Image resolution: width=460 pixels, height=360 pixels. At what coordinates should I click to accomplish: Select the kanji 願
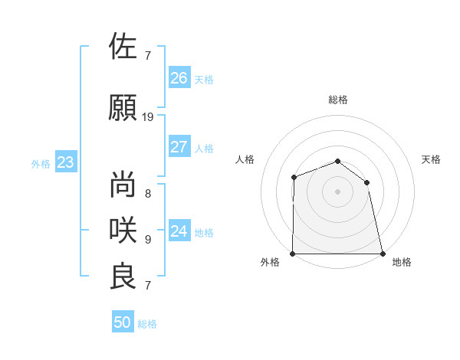tap(123, 107)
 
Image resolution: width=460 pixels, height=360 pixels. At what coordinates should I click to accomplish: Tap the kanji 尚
tap(123, 185)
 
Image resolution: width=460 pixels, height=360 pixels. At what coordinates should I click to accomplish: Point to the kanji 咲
tap(123, 229)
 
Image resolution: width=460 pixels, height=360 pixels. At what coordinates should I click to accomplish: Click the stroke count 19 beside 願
tap(148, 117)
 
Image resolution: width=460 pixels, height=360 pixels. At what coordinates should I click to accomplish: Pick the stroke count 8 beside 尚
tap(148, 194)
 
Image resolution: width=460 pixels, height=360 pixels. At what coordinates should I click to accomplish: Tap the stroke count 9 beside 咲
tap(148, 239)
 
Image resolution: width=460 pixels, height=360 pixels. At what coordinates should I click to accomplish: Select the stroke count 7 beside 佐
tap(148, 55)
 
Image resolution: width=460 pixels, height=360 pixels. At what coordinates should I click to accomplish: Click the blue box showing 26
tap(179, 77)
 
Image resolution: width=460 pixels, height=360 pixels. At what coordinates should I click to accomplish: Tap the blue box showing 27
tap(179, 147)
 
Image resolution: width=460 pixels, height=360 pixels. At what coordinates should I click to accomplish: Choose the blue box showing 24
tap(179, 231)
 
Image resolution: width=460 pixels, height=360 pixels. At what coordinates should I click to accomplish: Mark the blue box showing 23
tap(65, 162)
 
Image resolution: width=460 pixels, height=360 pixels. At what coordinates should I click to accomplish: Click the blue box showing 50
tap(123, 322)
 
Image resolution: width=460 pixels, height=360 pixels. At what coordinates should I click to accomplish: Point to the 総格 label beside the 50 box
tap(148, 324)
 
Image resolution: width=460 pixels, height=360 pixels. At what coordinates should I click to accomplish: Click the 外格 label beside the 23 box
tap(41, 164)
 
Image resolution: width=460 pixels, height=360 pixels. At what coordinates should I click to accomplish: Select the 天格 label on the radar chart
tap(432, 159)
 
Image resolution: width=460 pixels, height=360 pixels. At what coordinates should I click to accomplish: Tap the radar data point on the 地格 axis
tap(382, 254)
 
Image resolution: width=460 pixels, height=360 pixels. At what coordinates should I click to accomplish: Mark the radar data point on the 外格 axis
tap(293, 254)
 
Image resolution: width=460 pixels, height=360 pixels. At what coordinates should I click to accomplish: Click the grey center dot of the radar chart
tap(337, 191)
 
